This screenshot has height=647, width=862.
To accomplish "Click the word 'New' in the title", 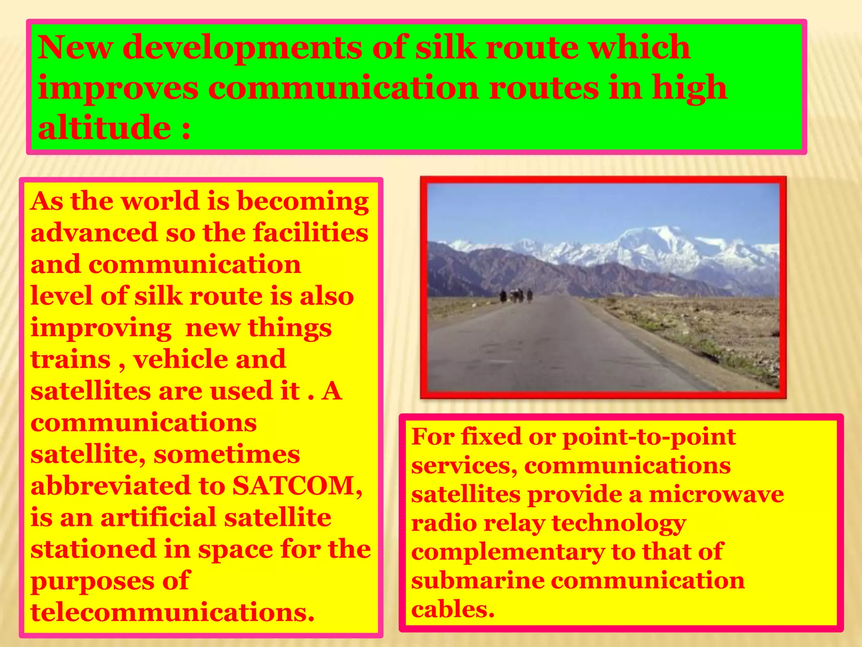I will pyautogui.click(x=75, y=47).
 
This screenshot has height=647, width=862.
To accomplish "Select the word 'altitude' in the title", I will pyautogui.click(x=104, y=127).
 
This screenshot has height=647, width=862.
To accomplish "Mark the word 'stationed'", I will pyautogui.click(x=93, y=549).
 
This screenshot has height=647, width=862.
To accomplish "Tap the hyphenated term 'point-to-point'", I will pyautogui.click(x=649, y=437).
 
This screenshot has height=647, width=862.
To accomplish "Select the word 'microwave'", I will pyautogui.click(x=716, y=494).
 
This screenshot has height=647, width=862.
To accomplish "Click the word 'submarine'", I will pyautogui.click(x=478, y=580).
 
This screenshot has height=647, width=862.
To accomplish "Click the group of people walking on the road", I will pyautogui.click(x=516, y=295).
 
